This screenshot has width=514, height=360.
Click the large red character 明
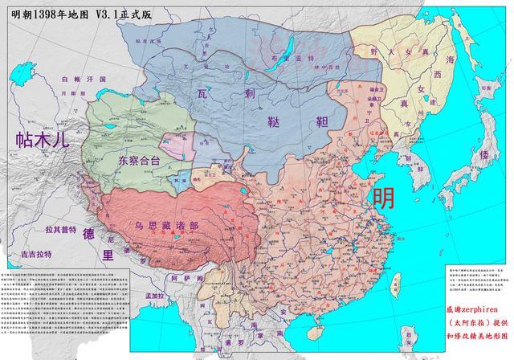pos(383,196)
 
